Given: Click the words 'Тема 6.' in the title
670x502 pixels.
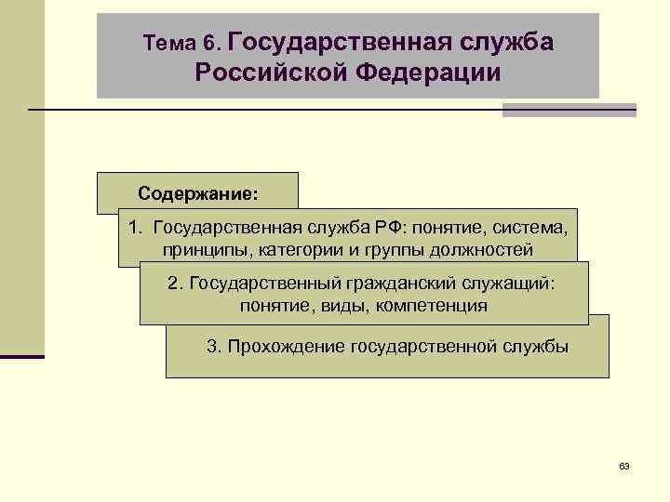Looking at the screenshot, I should click(181, 43).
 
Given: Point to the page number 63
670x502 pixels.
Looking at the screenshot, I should click(623, 465).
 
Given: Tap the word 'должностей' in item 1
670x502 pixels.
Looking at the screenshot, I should click(485, 249).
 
